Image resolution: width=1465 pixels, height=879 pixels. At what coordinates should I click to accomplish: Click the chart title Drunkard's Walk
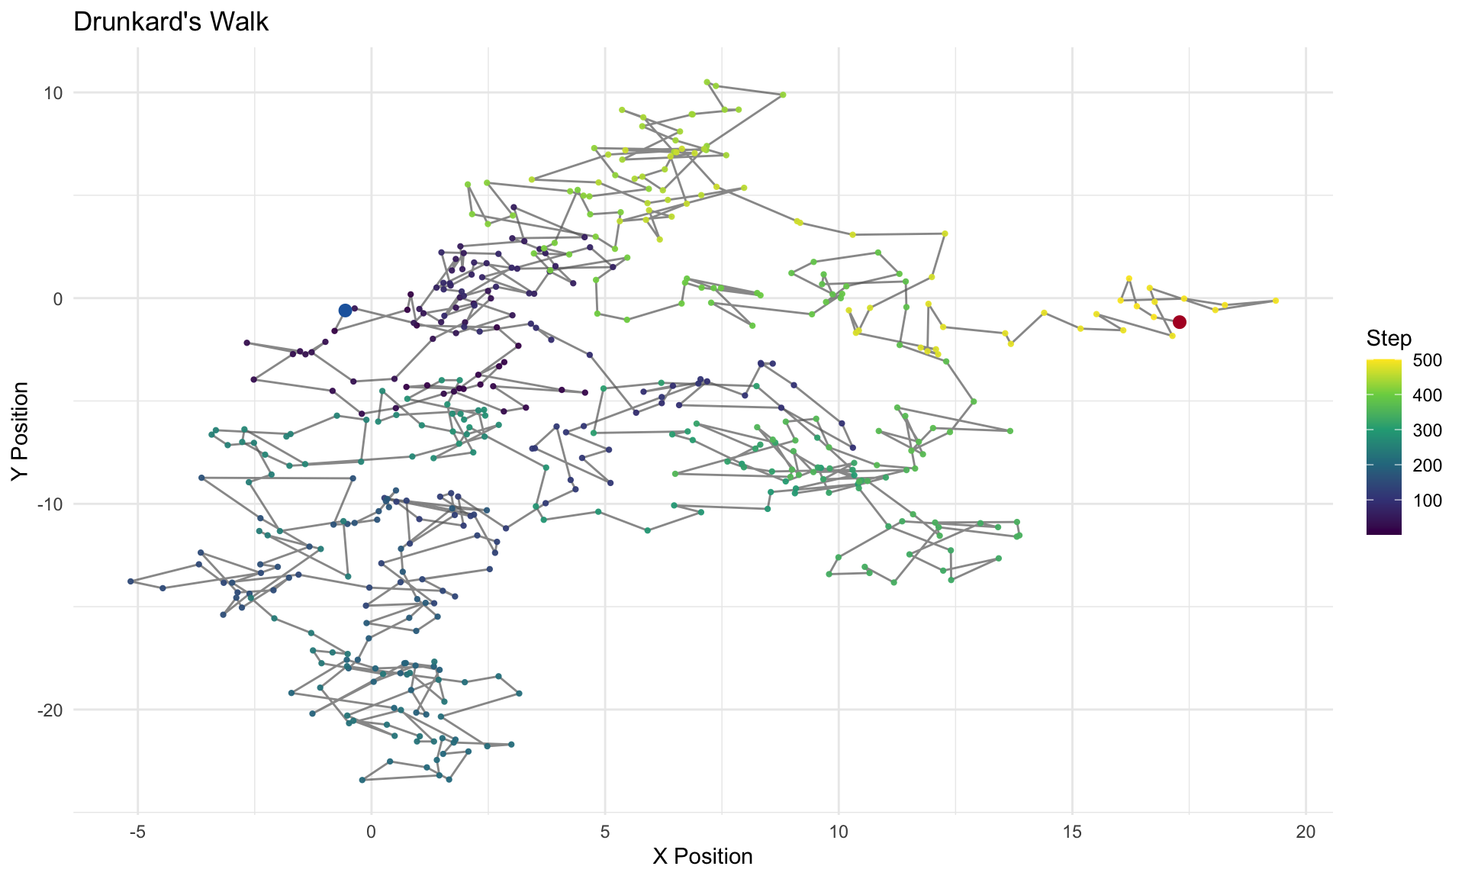tap(171, 22)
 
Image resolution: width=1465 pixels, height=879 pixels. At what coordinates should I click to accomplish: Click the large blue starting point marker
tap(345, 310)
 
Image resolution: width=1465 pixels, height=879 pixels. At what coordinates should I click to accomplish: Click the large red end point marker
tap(1180, 322)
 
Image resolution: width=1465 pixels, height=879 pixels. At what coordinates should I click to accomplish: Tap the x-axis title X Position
tap(703, 856)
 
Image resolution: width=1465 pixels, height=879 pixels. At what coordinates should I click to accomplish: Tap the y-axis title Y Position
tap(21, 430)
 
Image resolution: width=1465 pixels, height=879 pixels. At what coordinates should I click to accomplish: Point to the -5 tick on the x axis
tap(137, 831)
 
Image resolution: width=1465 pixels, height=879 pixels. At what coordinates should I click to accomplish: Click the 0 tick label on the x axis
tap(372, 831)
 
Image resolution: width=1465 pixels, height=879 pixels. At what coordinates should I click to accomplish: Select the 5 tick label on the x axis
tap(605, 831)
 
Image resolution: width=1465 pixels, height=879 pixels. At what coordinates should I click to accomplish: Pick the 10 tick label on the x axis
tap(839, 831)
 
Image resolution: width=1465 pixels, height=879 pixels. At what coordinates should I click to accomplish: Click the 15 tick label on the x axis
tap(1072, 831)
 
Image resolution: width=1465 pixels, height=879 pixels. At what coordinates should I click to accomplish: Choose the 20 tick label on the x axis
tap(1306, 831)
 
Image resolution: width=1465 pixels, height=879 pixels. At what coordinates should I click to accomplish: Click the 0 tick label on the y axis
tap(58, 298)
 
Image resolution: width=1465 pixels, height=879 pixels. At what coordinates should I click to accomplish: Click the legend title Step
tap(1389, 338)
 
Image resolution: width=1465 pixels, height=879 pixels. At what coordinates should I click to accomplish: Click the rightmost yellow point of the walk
tap(1275, 301)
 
